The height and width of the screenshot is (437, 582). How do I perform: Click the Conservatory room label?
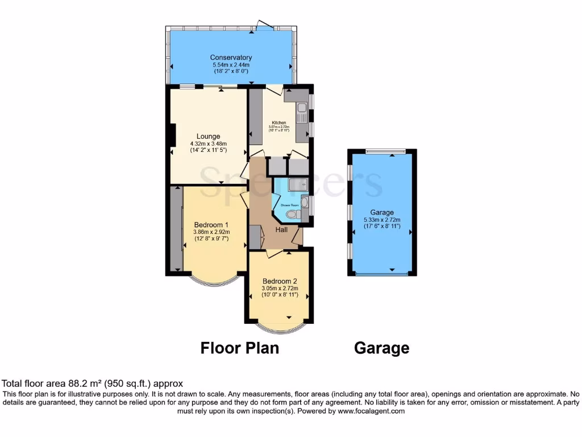231,57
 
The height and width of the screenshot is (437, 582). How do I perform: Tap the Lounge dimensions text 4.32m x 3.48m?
208,144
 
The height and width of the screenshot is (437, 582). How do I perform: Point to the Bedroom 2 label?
279,281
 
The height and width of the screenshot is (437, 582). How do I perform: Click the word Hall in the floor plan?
281,230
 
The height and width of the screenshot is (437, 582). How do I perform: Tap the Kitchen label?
278,123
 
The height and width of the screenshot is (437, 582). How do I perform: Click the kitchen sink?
301,108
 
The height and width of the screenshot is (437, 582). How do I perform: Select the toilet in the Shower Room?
293,215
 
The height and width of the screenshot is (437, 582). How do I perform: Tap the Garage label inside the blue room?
382,212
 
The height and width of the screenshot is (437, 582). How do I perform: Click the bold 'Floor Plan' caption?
239,348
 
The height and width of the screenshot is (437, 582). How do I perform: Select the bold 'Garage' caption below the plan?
381,348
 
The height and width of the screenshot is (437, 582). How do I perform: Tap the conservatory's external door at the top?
264,26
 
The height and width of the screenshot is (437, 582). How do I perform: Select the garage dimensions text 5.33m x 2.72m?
382,220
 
